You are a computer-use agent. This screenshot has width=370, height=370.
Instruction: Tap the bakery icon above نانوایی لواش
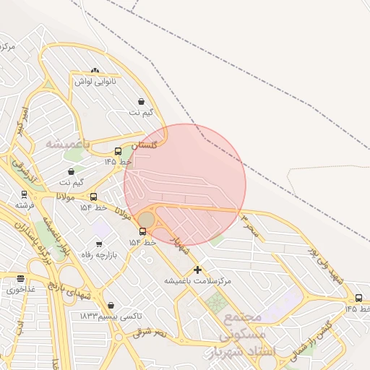click(95, 71)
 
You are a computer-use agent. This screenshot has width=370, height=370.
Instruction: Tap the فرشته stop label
click(25, 205)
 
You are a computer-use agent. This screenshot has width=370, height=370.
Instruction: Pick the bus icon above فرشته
click(25, 194)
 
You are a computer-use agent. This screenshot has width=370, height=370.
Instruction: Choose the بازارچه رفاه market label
click(100, 254)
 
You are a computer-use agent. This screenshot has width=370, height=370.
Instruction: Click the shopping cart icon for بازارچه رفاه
click(99, 244)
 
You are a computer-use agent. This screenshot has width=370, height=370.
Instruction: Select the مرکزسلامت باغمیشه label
click(197, 280)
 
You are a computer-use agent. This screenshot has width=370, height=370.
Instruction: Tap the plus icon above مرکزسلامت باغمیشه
click(197, 270)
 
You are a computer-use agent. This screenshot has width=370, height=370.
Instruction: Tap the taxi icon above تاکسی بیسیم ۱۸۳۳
click(110, 306)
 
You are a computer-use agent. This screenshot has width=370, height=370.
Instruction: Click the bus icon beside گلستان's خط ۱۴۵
click(119, 151)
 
